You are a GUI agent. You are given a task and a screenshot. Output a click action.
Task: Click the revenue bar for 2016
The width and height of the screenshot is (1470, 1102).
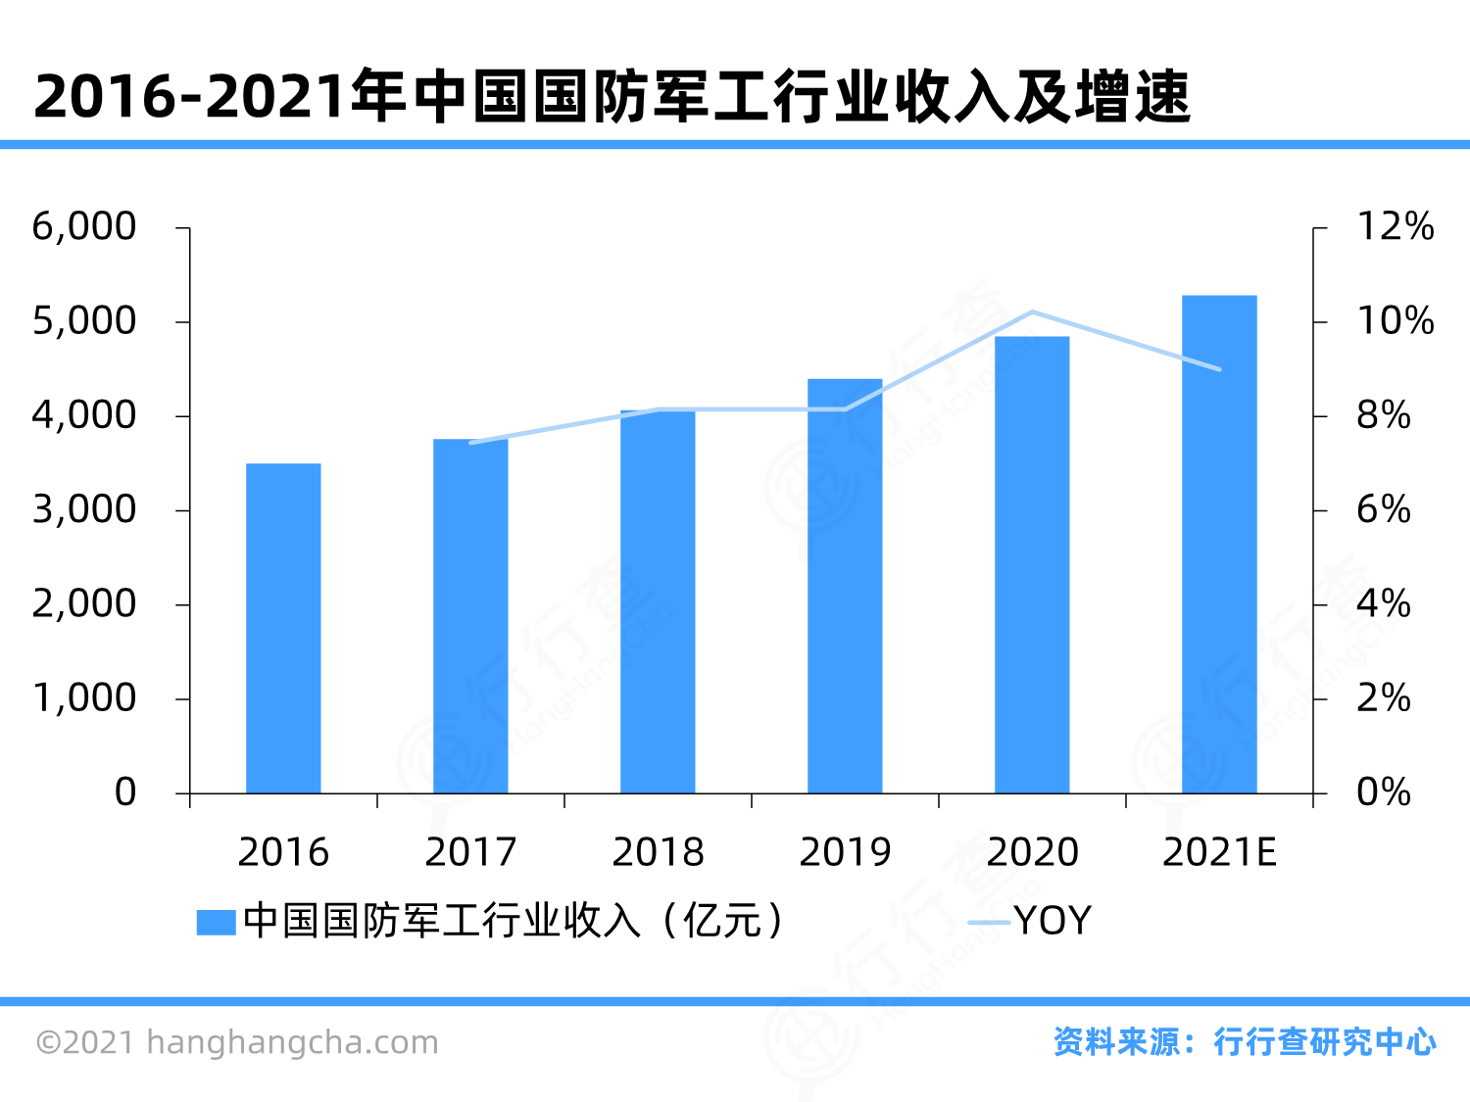(283, 628)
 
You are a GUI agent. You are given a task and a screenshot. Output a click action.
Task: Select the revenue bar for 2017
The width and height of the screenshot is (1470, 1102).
(470, 616)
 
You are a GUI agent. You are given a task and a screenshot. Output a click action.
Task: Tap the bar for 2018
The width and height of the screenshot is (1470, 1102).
(658, 601)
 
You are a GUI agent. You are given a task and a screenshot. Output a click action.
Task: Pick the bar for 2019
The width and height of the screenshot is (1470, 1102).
(845, 586)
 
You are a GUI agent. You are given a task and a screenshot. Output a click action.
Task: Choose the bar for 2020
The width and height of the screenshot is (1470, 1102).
(1032, 565)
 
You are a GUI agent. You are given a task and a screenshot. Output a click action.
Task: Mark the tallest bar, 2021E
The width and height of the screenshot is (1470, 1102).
(1219, 544)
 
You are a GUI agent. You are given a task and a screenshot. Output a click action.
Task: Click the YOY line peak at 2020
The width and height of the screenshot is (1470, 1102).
(1032, 312)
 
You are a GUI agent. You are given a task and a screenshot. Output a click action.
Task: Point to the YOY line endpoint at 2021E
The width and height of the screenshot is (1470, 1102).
(1219, 369)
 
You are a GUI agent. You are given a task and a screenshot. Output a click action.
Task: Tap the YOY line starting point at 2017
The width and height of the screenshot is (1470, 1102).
(470, 443)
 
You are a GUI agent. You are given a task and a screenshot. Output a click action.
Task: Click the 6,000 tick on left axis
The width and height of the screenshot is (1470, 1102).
(84, 227)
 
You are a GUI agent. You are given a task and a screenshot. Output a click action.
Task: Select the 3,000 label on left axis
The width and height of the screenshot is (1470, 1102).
(84, 510)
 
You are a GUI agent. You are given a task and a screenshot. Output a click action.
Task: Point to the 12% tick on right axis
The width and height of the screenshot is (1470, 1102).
(1395, 227)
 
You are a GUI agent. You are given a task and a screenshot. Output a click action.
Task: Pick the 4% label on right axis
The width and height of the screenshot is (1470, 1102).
(1383, 604)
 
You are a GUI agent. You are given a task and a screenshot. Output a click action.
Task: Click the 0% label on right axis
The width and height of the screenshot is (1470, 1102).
(1383, 792)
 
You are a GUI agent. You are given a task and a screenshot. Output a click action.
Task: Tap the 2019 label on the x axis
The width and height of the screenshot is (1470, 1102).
(845, 852)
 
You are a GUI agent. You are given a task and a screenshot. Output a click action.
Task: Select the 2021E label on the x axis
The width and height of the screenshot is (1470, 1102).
(1219, 852)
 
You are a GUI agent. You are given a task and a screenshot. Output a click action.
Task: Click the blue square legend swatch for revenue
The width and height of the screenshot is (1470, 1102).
(216, 923)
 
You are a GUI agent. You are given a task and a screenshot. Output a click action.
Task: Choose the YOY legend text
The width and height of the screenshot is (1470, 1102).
(1053, 922)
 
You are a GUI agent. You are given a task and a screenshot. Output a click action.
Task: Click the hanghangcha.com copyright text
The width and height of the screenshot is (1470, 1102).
(237, 1042)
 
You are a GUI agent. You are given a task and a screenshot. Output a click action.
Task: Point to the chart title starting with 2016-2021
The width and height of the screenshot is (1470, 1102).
(612, 97)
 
